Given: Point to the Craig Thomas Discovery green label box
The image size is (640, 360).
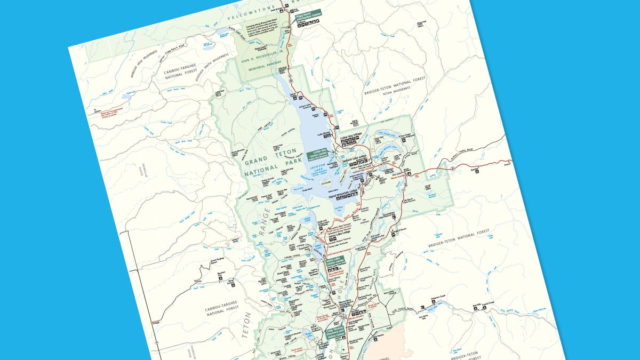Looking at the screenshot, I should (x=334, y=334).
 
